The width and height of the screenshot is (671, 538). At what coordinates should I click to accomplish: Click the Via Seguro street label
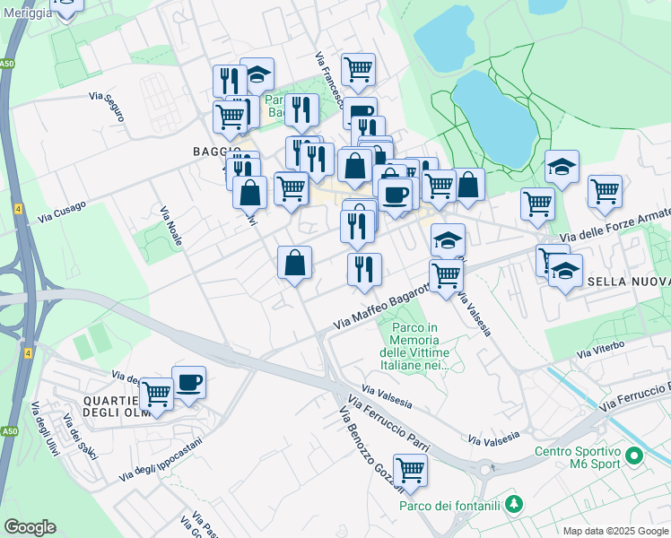107,106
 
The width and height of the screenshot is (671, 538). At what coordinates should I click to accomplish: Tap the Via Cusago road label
62,213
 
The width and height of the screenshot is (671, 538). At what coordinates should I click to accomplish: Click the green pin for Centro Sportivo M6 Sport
634,456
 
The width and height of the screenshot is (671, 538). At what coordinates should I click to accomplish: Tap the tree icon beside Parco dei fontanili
513,503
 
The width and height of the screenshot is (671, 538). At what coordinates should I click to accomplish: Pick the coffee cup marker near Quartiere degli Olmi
188,383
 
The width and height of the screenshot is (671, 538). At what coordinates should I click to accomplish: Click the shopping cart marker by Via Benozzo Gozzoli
410,470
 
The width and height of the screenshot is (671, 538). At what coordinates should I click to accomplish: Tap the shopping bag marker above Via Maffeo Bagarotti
294,263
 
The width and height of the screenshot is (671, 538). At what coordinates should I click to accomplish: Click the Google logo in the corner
30,526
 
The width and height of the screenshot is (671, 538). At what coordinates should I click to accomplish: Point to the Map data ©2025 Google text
614,530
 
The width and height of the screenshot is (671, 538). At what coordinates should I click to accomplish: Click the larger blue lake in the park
495,118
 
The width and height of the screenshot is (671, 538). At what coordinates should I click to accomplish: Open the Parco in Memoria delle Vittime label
414,346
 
